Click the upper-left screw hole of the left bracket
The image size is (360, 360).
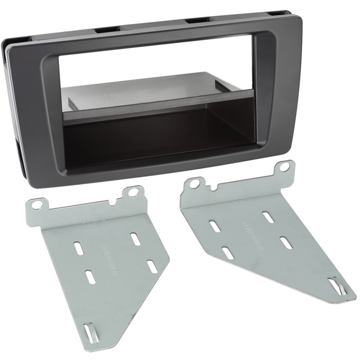pos(37,205)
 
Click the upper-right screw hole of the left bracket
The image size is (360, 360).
pos(134,192)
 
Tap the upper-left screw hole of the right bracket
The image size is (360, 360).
pos(195,184)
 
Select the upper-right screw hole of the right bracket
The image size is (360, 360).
pos(284,167)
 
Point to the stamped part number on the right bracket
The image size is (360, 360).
pos(252,234)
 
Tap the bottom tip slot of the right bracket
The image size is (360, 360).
pos(335,285)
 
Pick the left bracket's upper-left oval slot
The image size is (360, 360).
pos(79,248)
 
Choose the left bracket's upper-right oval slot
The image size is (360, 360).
pos(135,238)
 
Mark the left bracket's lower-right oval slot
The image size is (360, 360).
pos(152,266)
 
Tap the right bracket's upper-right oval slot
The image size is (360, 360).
pos(269,217)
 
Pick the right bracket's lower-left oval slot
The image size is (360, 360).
pos(228,252)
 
